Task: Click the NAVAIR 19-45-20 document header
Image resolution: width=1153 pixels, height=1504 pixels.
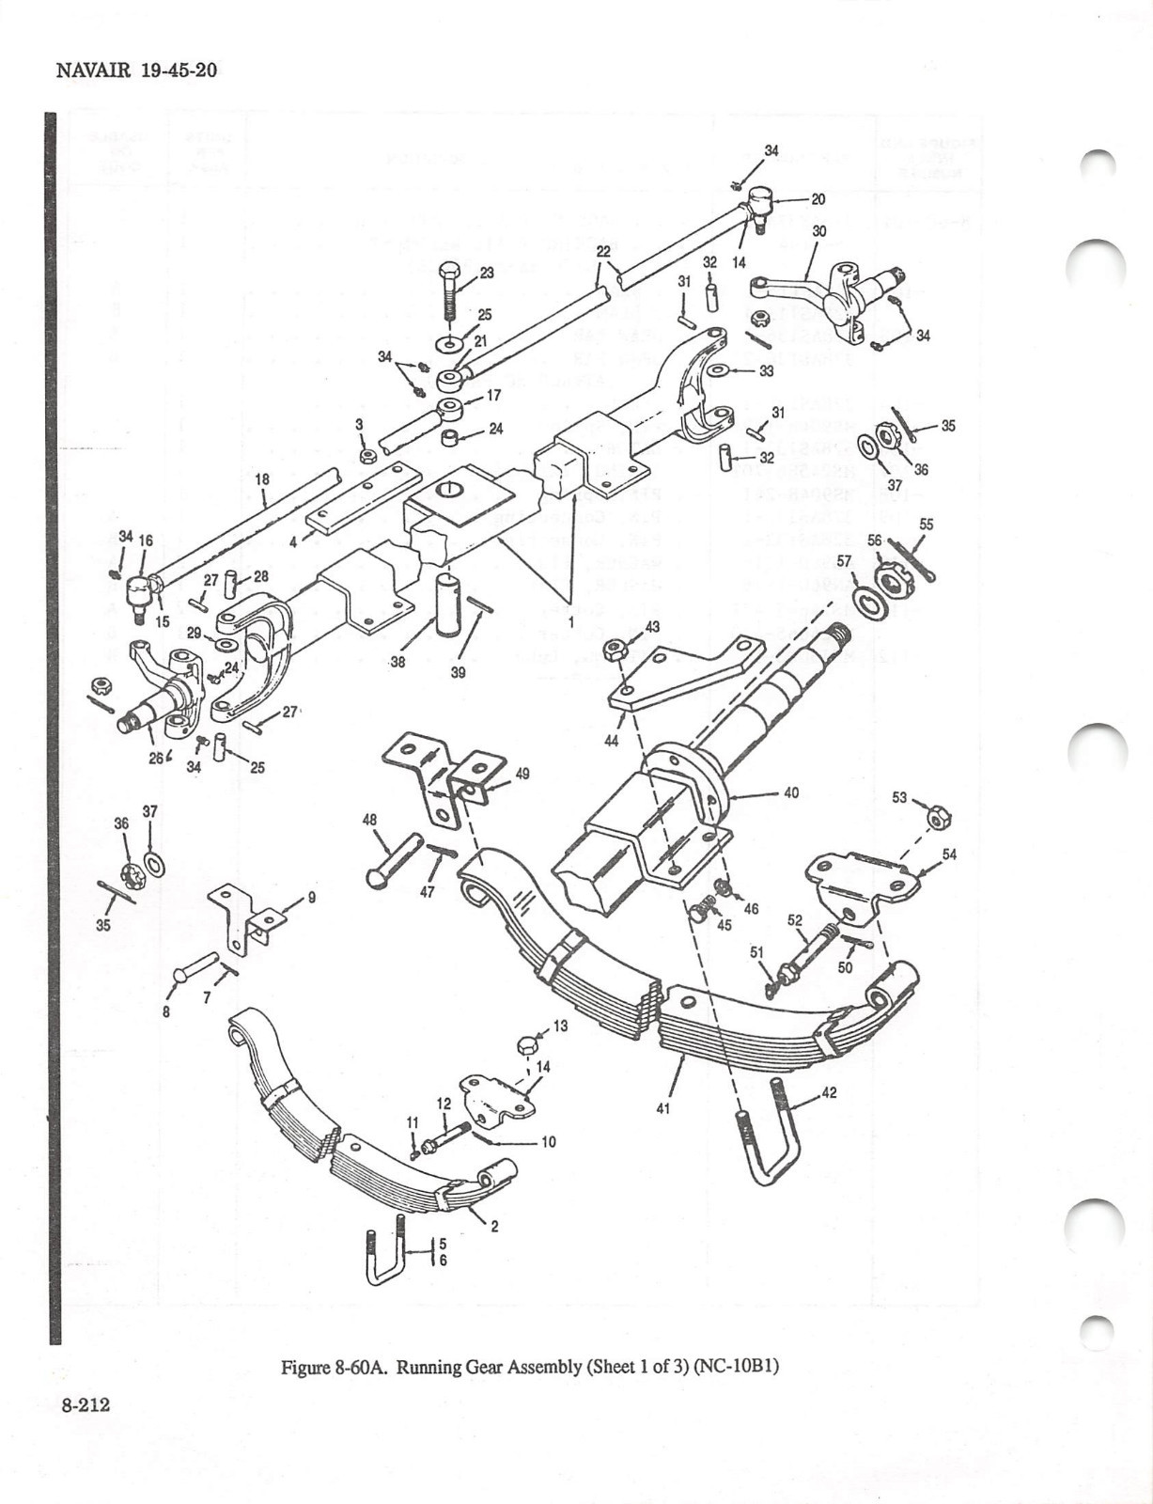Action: (137, 70)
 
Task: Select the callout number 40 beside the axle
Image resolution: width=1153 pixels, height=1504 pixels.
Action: (790, 792)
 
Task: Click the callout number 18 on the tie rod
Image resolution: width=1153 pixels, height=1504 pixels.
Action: (262, 479)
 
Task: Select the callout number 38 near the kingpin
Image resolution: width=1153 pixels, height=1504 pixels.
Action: (398, 662)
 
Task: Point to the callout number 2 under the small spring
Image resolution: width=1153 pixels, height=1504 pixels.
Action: (494, 1226)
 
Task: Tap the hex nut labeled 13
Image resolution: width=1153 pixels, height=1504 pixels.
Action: (528, 1044)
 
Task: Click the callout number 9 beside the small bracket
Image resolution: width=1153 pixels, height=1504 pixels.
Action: (311, 898)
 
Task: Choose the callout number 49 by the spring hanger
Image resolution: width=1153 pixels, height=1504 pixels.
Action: (522, 774)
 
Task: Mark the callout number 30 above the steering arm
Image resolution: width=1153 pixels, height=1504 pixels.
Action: (819, 230)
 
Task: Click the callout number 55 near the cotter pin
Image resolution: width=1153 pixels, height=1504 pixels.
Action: (926, 524)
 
